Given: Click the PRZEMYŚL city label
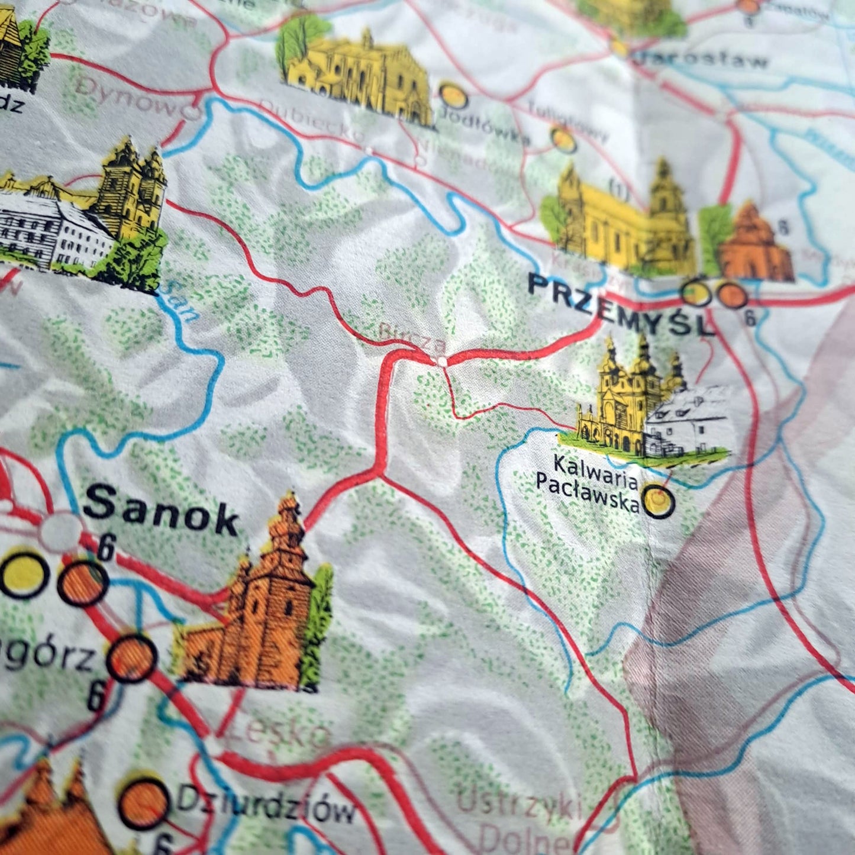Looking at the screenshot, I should (x=621, y=305).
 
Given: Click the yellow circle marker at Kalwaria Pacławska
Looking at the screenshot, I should (x=659, y=501).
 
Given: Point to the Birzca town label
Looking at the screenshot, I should (x=412, y=335).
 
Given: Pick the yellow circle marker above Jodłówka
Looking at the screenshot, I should (x=453, y=95).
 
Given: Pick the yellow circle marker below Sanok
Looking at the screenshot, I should (x=24, y=574).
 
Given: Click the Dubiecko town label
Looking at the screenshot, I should (x=311, y=121).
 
